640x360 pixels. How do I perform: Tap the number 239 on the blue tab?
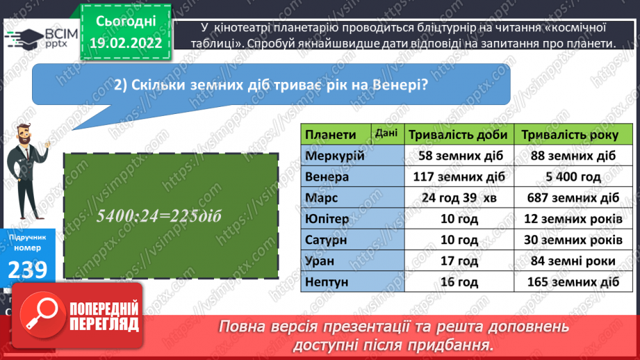[27, 269]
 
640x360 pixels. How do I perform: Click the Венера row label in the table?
[327, 177]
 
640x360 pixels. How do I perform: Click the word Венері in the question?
[395, 85]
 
